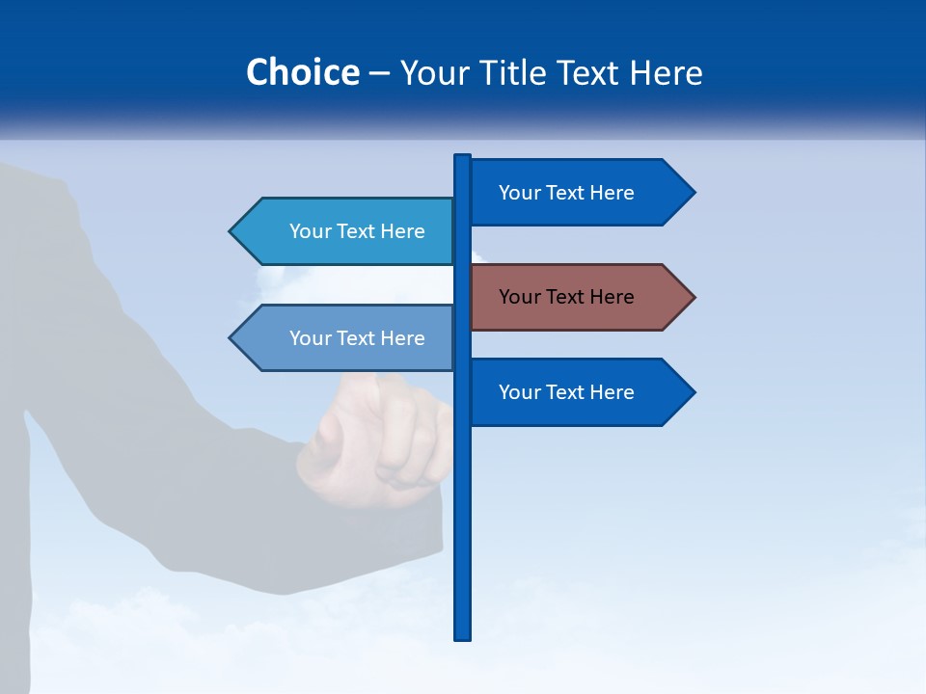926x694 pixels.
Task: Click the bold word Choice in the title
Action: click(x=302, y=72)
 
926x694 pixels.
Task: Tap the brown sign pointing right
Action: click(x=569, y=297)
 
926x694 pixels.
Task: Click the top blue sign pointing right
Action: click(x=569, y=193)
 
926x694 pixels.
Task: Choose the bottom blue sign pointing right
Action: click(x=569, y=392)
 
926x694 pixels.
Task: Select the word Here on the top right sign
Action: click(x=612, y=193)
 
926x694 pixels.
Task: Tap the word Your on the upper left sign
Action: click(x=310, y=231)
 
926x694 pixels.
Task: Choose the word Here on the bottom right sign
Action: click(x=612, y=392)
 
